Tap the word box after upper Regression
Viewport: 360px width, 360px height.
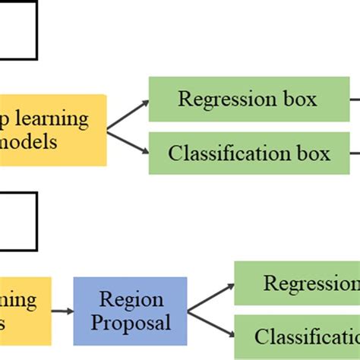coord(301,99)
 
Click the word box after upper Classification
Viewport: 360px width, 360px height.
coord(314,153)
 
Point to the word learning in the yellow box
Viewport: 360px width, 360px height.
coord(52,119)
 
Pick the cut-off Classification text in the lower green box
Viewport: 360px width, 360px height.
coord(307,336)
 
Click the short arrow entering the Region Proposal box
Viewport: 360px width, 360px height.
coord(62,311)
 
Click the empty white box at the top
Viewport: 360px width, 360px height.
coord(18,30)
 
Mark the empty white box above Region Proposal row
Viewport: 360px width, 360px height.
coord(18,219)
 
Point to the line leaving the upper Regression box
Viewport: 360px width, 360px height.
coord(355,99)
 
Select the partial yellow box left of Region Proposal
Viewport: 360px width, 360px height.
coord(24,311)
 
